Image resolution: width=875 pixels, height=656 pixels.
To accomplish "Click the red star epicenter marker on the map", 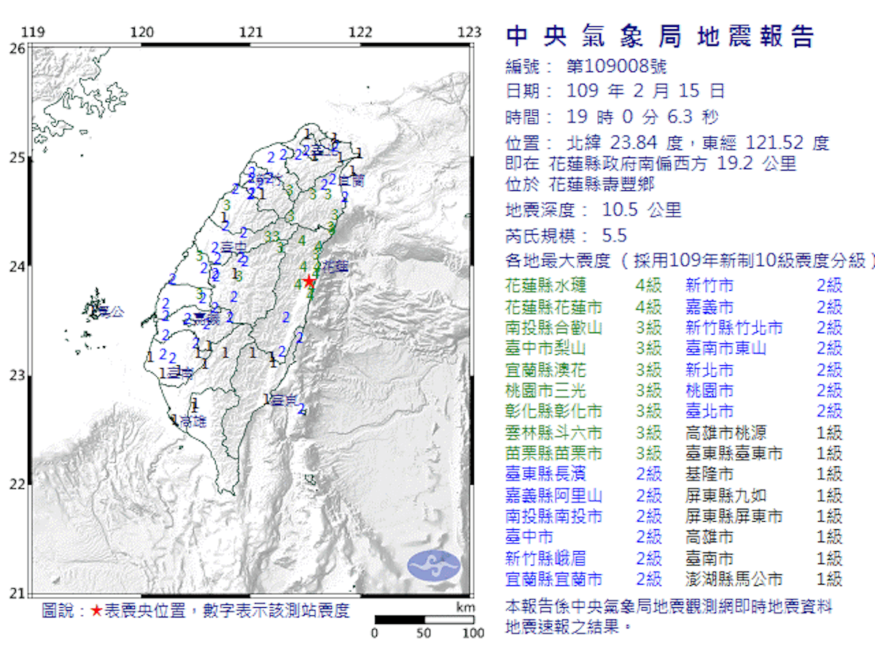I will [309, 281].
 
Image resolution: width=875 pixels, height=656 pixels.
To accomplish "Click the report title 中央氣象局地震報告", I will [659, 36].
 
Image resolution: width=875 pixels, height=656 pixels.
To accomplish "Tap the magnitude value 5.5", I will [614, 235].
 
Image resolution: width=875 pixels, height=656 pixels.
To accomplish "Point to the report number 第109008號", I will [616, 67].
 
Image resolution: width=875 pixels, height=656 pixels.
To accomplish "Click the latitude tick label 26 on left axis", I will [17, 48].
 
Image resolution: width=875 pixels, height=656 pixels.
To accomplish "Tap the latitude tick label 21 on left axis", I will [17, 593].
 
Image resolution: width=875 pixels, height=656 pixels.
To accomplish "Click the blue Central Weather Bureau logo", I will [435, 566].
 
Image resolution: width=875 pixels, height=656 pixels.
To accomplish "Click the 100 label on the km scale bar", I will [473, 632].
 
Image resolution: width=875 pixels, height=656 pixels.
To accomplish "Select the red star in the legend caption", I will [96, 611].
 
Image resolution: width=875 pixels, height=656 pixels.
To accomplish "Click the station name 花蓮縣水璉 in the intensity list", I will [545, 286].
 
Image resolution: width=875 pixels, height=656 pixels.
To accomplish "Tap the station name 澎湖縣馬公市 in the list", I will [734, 580].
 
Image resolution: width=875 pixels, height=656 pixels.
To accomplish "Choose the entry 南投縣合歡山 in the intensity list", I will [554, 327].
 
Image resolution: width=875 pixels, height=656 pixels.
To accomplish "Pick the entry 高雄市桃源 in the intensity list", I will [726, 433].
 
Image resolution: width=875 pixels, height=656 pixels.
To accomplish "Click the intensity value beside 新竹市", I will [829, 286].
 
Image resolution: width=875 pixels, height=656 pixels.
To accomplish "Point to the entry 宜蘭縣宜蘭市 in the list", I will [554, 580].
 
